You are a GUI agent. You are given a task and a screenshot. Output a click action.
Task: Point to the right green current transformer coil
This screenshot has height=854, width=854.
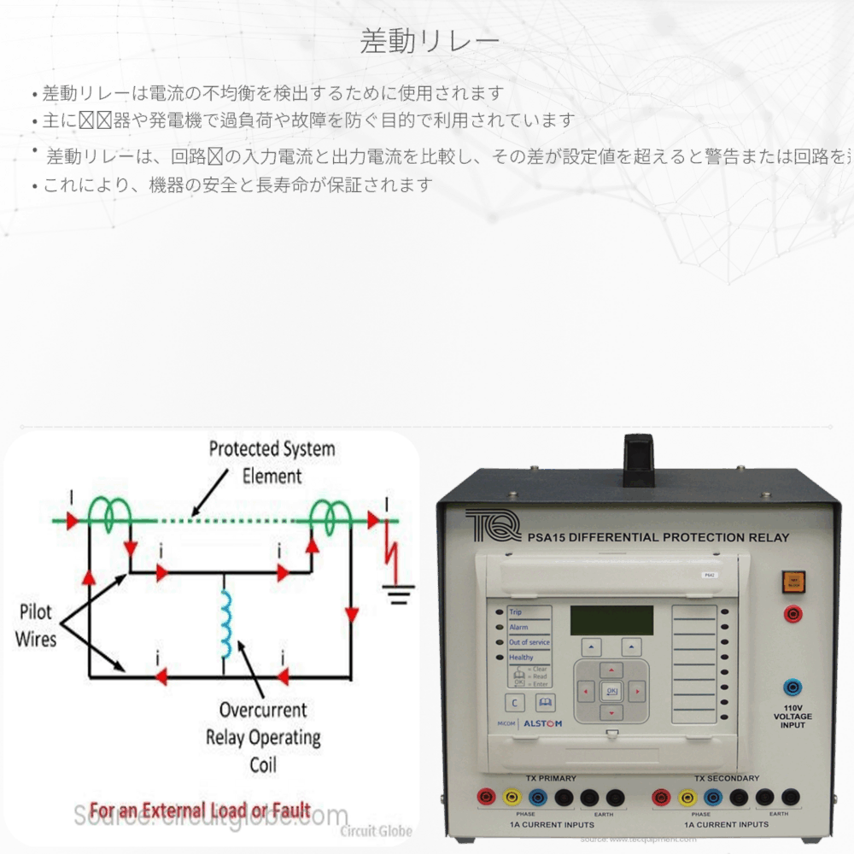(329, 513)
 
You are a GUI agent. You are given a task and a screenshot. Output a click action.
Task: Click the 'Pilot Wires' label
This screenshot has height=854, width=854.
(36, 625)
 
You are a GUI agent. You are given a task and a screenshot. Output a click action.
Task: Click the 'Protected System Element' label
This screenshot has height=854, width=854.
(272, 462)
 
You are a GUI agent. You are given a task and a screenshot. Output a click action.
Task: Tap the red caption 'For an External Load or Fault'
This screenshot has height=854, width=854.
(200, 810)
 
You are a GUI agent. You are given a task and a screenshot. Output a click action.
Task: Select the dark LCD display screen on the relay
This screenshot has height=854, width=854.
(611, 620)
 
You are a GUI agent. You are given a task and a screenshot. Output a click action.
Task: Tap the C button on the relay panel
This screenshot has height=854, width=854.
(515, 703)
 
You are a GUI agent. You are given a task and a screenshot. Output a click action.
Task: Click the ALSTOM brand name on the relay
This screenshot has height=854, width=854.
(542, 723)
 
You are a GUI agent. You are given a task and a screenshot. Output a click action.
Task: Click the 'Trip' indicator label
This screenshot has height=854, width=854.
(517, 612)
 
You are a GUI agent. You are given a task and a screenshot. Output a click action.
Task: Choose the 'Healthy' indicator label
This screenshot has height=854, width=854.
(521, 657)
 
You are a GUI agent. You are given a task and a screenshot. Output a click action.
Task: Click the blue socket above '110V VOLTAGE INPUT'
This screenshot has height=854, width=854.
(793, 687)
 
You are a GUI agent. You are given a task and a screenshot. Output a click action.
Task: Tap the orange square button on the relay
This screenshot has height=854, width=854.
(793, 582)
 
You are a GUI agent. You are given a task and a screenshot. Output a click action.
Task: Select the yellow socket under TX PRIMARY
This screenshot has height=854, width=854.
(512, 798)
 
